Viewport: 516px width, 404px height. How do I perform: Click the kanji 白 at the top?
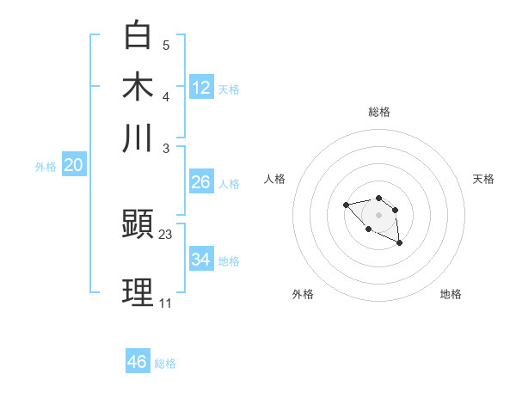click(138, 35)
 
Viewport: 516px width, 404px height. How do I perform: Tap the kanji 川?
click(138, 138)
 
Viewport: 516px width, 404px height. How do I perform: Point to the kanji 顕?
click(138, 225)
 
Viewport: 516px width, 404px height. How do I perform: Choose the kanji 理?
click(138, 292)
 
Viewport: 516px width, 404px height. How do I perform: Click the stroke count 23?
click(166, 235)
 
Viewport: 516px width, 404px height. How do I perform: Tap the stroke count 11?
click(165, 303)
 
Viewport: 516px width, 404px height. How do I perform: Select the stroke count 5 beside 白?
click(166, 45)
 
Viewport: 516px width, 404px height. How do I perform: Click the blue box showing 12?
click(201, 87)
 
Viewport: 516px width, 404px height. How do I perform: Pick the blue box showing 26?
click(200, 182)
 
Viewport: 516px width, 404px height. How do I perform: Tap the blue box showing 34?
click(201, 260)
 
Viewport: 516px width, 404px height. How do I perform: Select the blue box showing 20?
click(73, 166)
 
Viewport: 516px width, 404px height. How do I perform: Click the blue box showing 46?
click(138, 362)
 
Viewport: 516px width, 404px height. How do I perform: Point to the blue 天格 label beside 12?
click(229, 89)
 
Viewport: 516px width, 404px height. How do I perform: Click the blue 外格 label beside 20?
click(46, 167)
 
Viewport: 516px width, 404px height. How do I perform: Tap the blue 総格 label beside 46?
click(165, 364)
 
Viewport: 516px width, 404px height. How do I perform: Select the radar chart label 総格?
click(378, 112)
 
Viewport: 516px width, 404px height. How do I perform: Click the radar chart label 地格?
click(451, 294)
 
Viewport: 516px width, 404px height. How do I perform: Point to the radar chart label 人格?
click(275, 179)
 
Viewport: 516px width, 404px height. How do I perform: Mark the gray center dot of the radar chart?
click(378, 214)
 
